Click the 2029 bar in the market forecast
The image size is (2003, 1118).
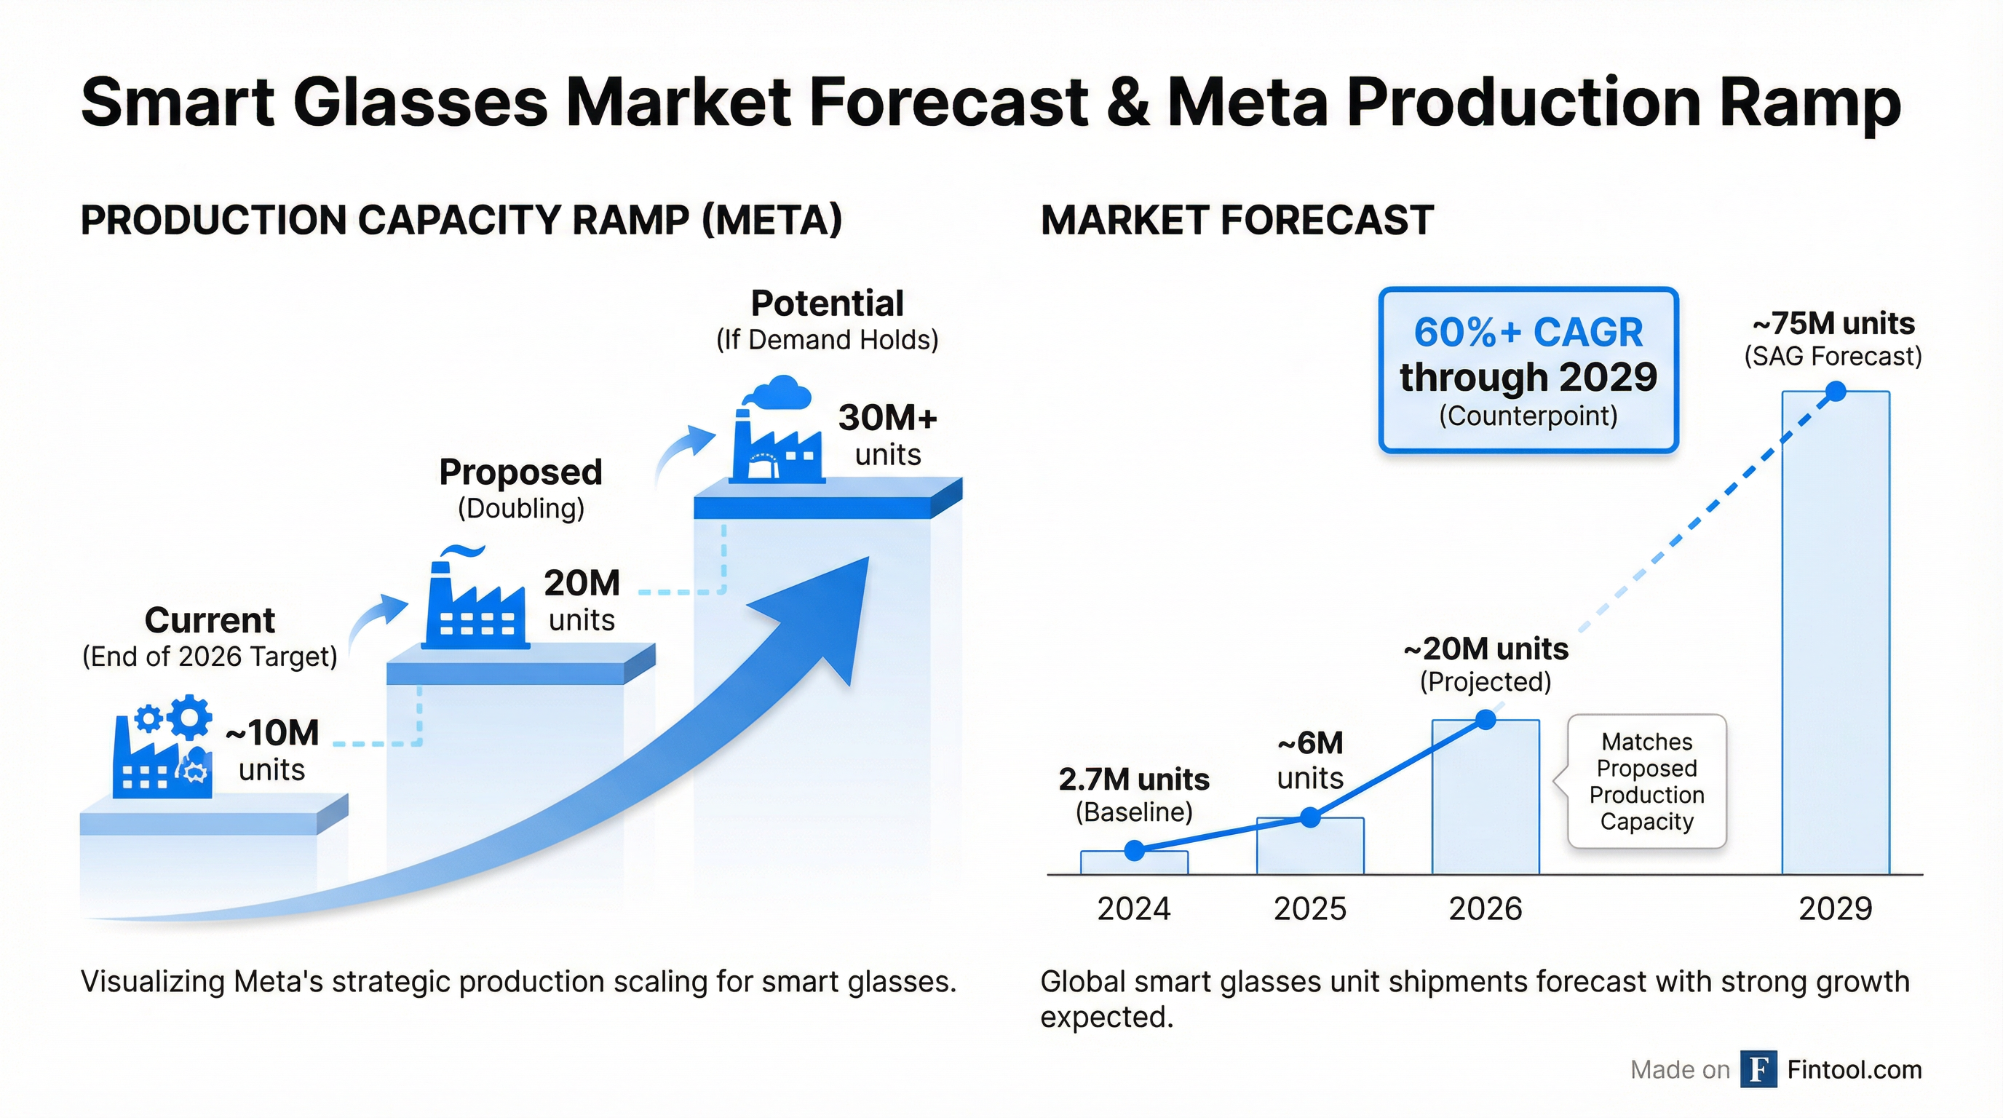click(x=1835, y=638)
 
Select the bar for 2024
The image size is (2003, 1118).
click(x=1134, y=863)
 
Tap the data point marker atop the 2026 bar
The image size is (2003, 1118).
click(x=1485, y=720)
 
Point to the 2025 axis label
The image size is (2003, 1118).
click(x=1309, y=908)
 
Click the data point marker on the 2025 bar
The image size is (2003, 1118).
click(x=1310, y=817)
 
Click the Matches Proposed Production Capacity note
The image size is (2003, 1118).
click(x=1647, y=781)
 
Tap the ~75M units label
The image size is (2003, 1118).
click(x=1833, y=323)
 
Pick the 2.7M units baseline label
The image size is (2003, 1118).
click(x=1134, y=779)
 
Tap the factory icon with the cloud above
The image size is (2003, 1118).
click(x=776, y=435)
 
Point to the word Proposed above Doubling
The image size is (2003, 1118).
click(x=520, y=472)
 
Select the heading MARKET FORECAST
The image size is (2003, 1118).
click(x=1237, y=220)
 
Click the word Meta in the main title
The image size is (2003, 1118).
click(x=1247, y=102)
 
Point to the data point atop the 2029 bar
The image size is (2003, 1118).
click(x=1835, y=391)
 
